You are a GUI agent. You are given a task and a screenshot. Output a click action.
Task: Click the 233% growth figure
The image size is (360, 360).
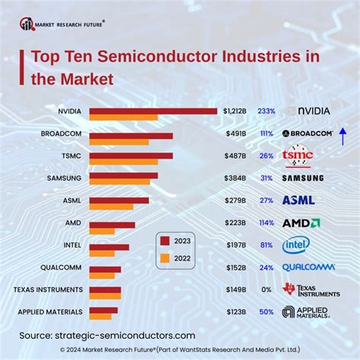pos(267,111)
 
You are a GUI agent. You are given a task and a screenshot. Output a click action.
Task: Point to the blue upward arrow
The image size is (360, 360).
pos(343,135)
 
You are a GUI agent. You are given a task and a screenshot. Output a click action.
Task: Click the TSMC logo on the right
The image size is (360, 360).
pos(297,156)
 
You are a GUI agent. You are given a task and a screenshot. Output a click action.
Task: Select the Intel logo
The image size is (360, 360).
pos(295,245)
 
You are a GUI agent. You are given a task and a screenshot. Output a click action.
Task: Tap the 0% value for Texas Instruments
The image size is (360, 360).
pos(267,289)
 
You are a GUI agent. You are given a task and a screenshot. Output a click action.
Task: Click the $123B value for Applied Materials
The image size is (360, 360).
pos(235,311)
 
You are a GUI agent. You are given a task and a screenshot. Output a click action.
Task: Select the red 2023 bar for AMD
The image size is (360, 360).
pos(112,224)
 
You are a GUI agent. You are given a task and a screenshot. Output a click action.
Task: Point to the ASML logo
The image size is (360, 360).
pos(298,201)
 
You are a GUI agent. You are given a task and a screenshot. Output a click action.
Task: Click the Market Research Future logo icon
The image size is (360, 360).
pos(27,24)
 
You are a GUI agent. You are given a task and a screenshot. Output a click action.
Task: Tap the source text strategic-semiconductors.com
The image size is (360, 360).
pos(125,335)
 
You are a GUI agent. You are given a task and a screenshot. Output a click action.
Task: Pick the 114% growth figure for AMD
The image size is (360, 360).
pos(267,223)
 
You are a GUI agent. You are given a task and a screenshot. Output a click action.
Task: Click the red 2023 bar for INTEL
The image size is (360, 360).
pos(109,247)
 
